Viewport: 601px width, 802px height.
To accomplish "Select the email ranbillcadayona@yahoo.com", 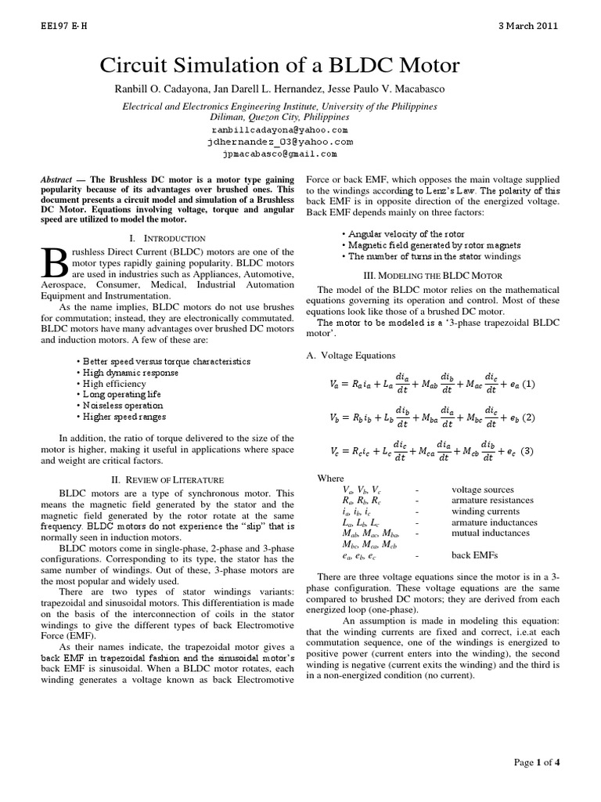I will [x=279, y=129].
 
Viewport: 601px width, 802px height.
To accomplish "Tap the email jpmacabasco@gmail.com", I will [x=279, y=155].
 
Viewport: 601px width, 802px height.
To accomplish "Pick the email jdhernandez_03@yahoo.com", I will [x=279, y=142].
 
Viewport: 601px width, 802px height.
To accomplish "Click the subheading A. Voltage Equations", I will [x=351, y=356].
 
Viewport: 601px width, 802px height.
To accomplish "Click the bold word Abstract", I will [x=57, y=179].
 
